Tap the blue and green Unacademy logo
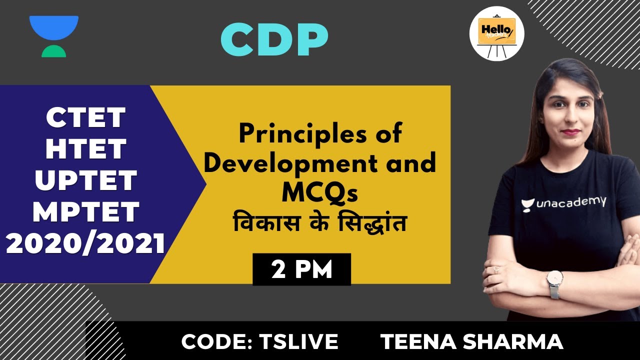(54, 36)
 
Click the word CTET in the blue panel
(85, 118)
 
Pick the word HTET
(85, 149)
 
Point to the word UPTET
(85, 181)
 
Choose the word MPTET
(85, 212)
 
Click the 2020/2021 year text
(85, 244)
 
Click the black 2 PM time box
(301, 270)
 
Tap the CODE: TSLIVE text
(259, 342)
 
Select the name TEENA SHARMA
(471, 342)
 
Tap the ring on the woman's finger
(496, 269)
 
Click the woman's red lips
(570, 132)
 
